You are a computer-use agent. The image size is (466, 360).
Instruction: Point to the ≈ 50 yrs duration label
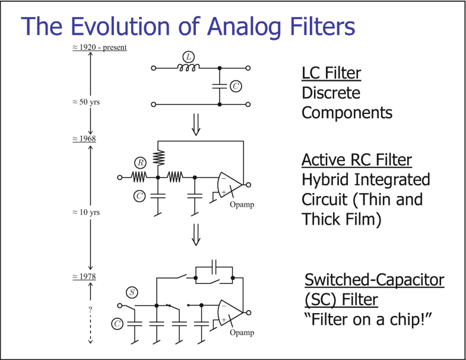tap(83, 102)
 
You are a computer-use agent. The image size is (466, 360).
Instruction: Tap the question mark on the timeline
tap(90, 310)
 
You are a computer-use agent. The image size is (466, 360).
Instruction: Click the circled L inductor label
tap(188, 57)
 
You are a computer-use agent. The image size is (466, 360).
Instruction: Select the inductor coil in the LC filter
tap(188, 68)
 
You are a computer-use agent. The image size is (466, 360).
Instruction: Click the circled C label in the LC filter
tap(235, 87)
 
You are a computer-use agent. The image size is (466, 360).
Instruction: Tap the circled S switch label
tap(132, 292)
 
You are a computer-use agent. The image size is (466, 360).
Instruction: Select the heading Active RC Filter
tap(356, 160)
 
